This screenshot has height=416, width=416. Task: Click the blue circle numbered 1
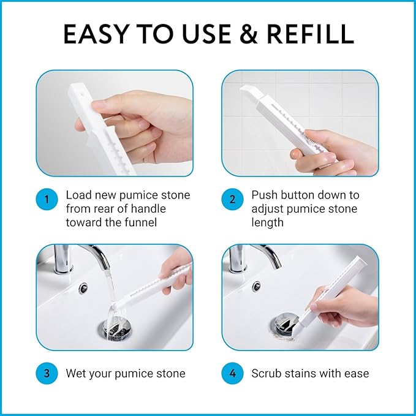pos(47,199)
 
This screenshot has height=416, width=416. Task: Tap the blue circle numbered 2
pos(232,199)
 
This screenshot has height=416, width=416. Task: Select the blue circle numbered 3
pos(47,373)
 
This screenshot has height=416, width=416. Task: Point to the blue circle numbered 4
pos(232,373)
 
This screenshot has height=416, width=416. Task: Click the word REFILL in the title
pos(310,34)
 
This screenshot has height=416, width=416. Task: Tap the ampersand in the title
pos(248,34)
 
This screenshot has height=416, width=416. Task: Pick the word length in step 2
pos(267,222)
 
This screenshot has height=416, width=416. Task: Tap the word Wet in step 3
pos(75,374)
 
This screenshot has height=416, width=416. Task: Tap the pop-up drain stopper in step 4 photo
pos(286,324)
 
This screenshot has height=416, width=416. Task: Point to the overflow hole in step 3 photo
pos(83,289)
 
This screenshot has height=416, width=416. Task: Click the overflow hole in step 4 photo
pos(257,287)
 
